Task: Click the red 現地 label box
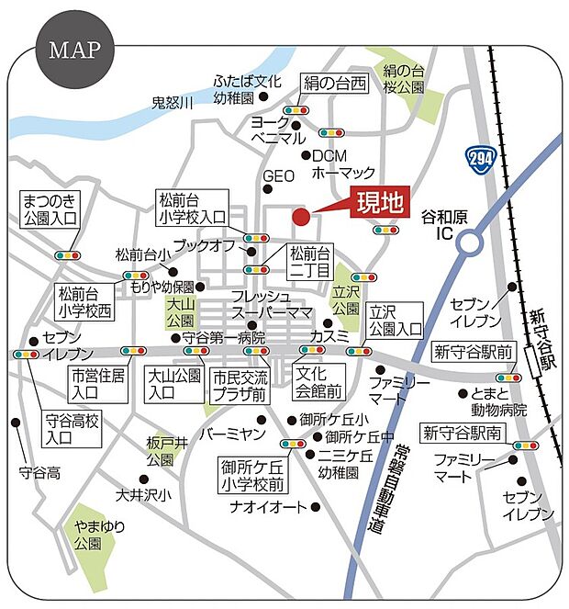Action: (379, 204)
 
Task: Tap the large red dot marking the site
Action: (300, 217)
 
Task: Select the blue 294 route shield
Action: (477, 159)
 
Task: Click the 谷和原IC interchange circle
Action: (471, 242)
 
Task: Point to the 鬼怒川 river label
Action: (173, 104)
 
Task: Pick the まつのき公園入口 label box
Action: (51, 210)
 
